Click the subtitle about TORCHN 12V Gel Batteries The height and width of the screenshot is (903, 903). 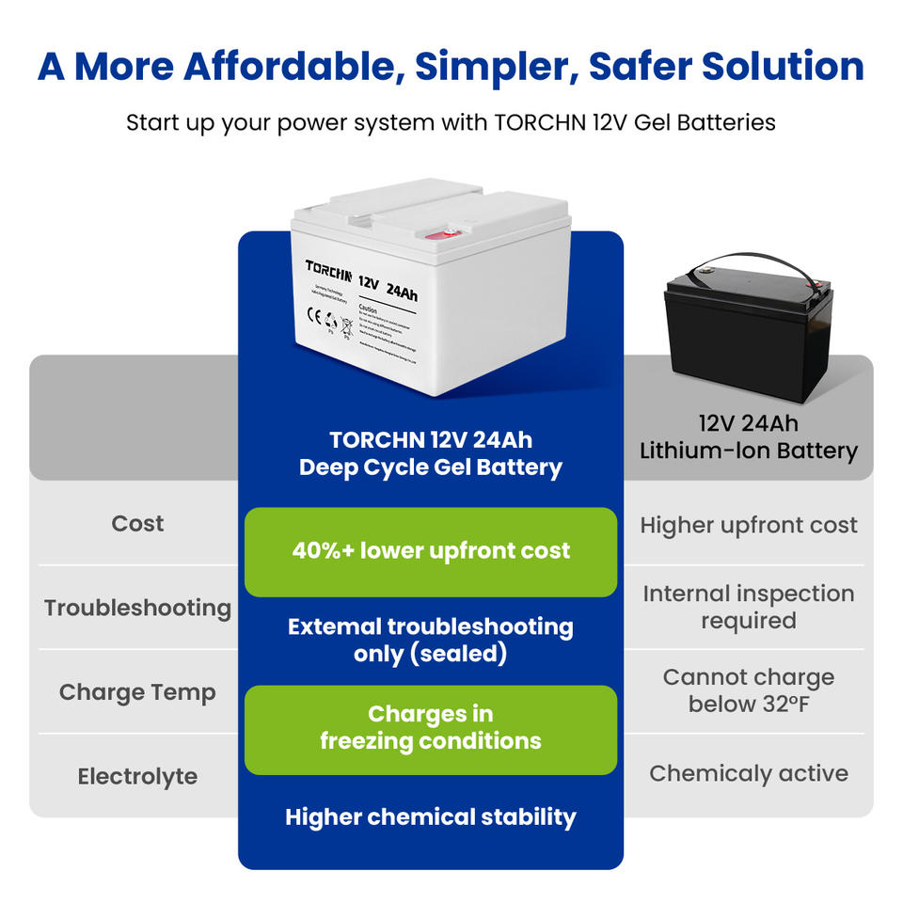point(451,122)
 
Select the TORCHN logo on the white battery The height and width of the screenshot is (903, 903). point(328,272)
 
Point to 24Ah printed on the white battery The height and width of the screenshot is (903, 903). point(403,293)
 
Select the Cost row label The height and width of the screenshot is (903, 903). point(137,523)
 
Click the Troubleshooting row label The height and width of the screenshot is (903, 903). point(137,608)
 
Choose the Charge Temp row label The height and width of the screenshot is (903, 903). point(137,692)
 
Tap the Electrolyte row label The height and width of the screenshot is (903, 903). point(137,777)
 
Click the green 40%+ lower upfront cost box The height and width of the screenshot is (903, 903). point(431,551)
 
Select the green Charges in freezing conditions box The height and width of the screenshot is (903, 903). point(431,728)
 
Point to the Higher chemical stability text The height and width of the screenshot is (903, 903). point(431,816)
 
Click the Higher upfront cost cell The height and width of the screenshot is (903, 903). point(749,525)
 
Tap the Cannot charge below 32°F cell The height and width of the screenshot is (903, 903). point(749,690)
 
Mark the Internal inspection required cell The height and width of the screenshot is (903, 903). point(749,607)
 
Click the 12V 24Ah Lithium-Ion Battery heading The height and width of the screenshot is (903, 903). point(749,437)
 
